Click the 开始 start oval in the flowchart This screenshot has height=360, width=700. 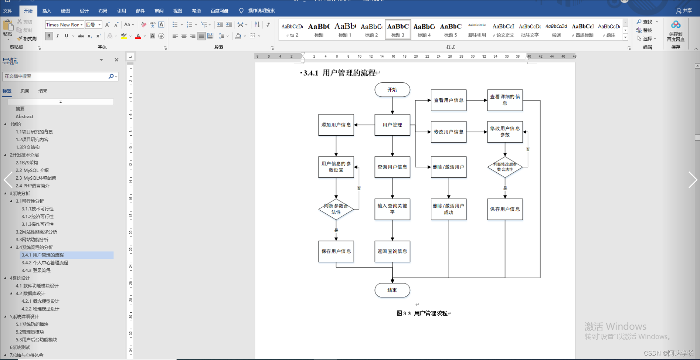coord(392,90)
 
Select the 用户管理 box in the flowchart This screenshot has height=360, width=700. coord(392,125)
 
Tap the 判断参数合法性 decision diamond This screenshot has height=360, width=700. coord(336,209)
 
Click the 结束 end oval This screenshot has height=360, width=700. coord(392,290)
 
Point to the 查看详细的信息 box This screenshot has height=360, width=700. coord(505,100)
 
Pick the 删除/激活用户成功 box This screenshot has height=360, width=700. coord(448,209)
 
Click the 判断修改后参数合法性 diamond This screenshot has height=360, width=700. coord(505,167)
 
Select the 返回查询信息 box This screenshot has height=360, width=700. coord(392,251)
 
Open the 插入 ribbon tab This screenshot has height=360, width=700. coord(47,11)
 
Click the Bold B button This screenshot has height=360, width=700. coord(49,36)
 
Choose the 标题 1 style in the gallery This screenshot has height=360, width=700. coord(345,30)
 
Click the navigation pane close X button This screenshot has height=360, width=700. coord(116,60)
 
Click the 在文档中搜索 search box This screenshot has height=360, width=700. coord(55,76)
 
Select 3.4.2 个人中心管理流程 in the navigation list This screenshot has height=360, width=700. coord(45,263)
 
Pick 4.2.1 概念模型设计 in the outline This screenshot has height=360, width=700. coord(40,301)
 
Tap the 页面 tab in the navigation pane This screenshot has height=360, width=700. coord(25,91)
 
